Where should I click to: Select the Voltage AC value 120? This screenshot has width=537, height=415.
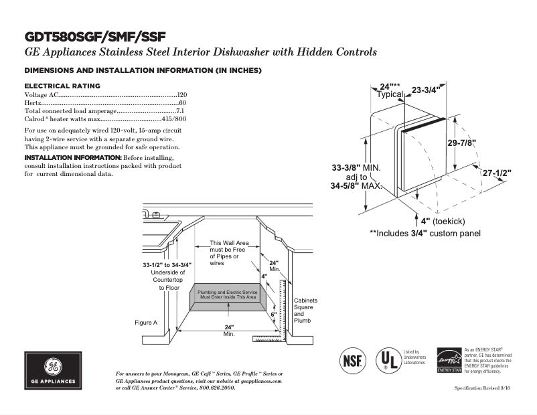[x=181, y=96]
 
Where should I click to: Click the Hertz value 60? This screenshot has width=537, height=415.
[x=183, y=103]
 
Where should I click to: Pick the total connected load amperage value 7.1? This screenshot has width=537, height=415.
[x=181, y=110]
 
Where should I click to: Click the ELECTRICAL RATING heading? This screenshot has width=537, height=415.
[x=62, y=86]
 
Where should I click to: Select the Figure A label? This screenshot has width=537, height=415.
[x=146, y=323]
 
